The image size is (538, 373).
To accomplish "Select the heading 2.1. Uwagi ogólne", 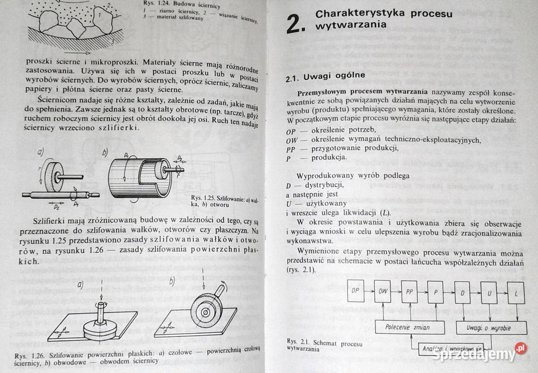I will coord(326,76).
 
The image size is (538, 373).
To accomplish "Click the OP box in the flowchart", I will coord(355,291).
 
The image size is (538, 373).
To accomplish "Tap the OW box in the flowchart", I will coord(383,291).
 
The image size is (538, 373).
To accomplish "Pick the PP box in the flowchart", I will coord(410,291).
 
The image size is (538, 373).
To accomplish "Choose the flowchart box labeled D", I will coord(463,292).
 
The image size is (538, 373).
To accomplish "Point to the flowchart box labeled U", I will coord(489,292).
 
